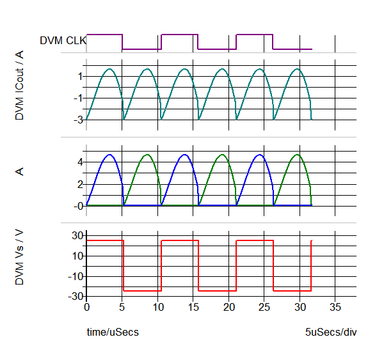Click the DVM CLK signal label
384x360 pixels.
click(63, 40)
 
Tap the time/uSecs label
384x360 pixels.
click(113, 333)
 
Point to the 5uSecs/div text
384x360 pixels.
click(330, 333)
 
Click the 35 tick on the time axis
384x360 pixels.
click(334, 307)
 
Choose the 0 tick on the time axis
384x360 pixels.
click(87, 307)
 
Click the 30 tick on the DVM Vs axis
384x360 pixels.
click(76, 236)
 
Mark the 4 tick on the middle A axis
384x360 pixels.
click(80, 162)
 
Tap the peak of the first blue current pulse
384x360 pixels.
click(109, 155)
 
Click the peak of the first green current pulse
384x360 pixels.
click(147, 155)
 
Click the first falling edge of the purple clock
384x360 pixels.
click(122, 42)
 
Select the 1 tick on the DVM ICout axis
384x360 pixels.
click(80, 76)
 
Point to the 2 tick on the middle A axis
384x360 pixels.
click(80, 184)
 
